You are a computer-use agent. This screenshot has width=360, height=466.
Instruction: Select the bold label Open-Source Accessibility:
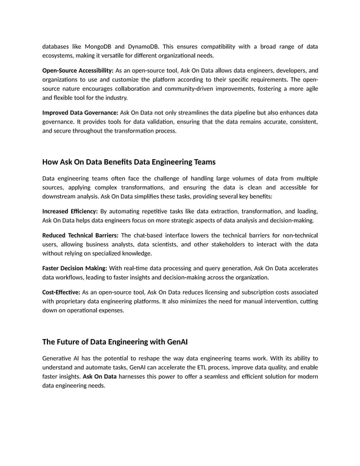tap(78, 71)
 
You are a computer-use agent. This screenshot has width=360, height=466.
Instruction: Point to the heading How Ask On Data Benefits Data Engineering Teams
tap(129, 162)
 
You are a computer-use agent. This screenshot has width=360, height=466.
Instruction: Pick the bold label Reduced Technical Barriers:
tap(81, 235)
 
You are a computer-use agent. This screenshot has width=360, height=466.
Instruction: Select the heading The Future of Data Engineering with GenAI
tap(115, 342)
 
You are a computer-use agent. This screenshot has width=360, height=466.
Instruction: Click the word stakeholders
tap(228, 244)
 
